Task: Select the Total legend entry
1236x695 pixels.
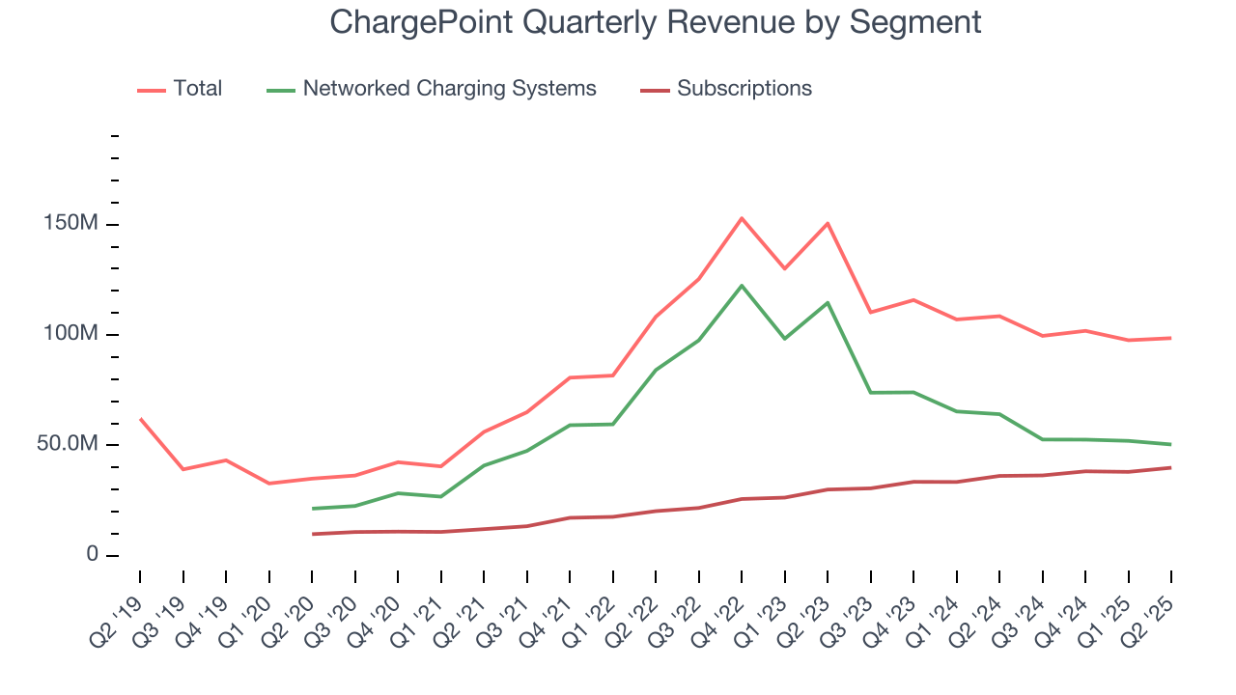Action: tap(197, 89)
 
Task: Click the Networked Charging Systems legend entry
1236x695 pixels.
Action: tap(449, 89)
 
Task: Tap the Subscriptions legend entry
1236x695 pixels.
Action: tap(744, 89)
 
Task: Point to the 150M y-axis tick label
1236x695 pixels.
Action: tap(71, 224)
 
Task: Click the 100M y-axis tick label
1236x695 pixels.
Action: tap(71, 334)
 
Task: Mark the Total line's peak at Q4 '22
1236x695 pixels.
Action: tap(741, 218)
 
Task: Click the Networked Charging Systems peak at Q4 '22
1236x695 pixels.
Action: tap(741, 286)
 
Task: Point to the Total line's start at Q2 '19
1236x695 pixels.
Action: tap(140, 418)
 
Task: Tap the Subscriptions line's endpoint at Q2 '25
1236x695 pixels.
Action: tap(1170, 467)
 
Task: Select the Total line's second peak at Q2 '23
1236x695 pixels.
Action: tap(828, 223)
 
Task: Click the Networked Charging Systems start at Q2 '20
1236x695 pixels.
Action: tap(312, 509)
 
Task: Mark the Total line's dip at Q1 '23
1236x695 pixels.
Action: tap(784, 268)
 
